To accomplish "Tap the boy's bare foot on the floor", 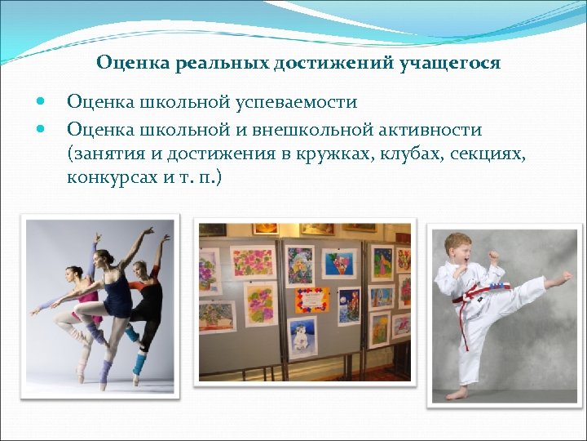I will click(x=457, y=393).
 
